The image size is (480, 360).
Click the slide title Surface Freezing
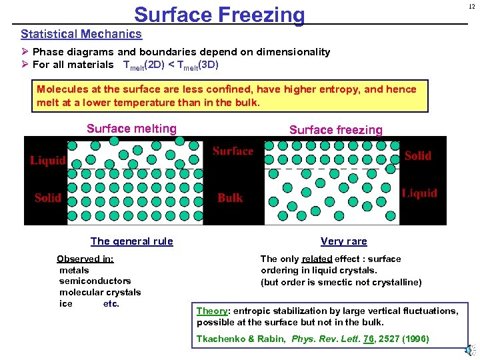pyautogui.click(x=219, y=15)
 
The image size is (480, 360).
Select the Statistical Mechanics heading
pyautogui.click(x=81, y=34)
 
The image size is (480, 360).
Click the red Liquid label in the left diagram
pyautogui.click(x=48, y=160)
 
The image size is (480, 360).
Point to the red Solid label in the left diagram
pyautogui.click(x=48, y=197)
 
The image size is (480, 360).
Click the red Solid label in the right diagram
pyautogui.click(x=418, y=155)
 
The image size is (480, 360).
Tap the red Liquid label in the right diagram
pyautogui.click(x=419, y=193)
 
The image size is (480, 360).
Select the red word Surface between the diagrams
pyautogui.click(x=233, y=151)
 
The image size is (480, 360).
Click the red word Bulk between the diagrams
pyautogui.click(x=230, y=197)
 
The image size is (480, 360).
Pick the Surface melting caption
pyautogui.click(x=131, y=129)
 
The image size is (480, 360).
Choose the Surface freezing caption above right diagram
pyautogui.click(x=336, y=130)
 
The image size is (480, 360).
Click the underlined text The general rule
pyautogui.click(x=131, y=241)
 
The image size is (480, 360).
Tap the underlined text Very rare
pyautogui.click(x=343, y=241)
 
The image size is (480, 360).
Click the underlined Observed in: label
pyautogui.click(x=85, y=259)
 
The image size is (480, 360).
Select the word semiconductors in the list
pyautogui.click(x=95, y=281)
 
